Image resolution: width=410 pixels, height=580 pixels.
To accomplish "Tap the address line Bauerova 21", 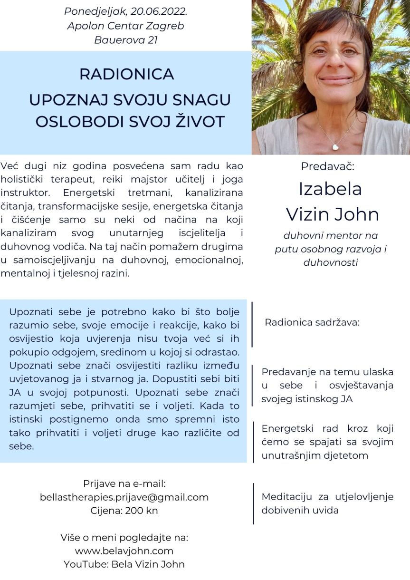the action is (126, 40).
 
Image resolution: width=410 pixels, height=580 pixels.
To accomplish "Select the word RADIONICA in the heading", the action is (126, 74).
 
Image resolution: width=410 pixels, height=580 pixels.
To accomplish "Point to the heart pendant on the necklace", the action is (335, 147).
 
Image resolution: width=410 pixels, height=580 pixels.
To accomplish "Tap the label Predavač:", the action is (328, 166).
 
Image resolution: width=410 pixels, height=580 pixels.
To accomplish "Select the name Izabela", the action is (330, 189).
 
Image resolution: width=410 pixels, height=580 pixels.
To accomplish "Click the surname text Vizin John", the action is (332, 214).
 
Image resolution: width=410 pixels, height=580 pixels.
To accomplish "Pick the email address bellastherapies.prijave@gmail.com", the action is (124, 497).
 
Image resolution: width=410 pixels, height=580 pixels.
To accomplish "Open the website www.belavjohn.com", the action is (124, 551).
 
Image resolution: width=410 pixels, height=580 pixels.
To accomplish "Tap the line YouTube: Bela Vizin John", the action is (124, 565).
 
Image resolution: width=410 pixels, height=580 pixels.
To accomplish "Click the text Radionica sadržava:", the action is (312, 322).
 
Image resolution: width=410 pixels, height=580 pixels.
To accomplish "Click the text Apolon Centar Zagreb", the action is (125, 26).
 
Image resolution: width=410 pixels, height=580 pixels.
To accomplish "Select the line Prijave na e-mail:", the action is (124, 483).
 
